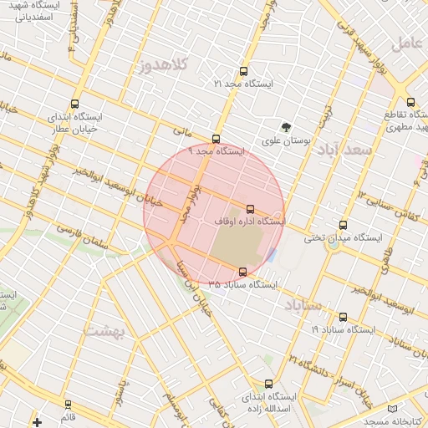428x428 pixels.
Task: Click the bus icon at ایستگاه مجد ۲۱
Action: click(243, 72)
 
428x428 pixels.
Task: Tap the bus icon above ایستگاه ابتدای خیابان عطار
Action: click(75, 105)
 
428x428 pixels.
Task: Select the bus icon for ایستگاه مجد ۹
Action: click(217, 140)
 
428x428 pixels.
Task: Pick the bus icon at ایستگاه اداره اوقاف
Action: click(249, 209)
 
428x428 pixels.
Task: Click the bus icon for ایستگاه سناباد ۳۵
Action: click(242, 272)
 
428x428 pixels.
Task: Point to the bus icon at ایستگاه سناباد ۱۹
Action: click(343, 318)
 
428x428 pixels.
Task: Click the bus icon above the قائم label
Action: click(69, 405)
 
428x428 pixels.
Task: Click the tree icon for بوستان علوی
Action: click(287, 128)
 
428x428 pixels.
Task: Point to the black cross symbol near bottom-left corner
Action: click(37, 421)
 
